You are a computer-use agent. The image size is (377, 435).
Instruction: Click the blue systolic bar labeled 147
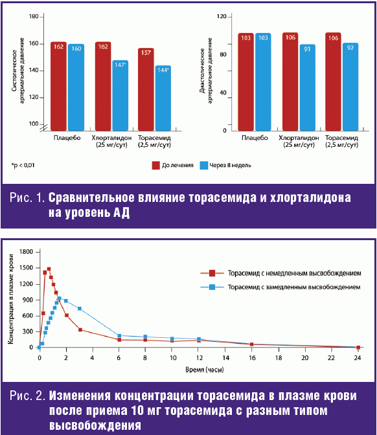pyautogui.click(x=120, y=95)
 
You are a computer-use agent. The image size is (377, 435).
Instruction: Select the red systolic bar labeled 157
pyautogui.click(x=146, y=89)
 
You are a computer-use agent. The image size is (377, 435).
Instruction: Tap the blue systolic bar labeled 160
pyautogui.click(x=76, y=87)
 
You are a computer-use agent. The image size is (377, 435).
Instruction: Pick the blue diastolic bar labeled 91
pyautogui.click(x=307, y=87)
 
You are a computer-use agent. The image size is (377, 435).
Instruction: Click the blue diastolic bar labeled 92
pyautogui.click(x=350, y=87)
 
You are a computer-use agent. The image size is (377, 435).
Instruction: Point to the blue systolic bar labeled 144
pyautogui.click(x=163, y=98)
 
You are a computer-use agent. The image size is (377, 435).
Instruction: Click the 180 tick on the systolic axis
pyautogui.click(x=34, y=17)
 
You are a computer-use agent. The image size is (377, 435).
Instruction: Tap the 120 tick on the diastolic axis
pyautogui.click(x=222, y=17)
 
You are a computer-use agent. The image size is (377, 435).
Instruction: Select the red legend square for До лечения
pyautogui.click(x=155, y=165)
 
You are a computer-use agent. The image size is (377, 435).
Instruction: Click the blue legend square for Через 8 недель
pyautogui.click(x=204, y=165)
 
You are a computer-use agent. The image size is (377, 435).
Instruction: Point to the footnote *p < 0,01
pyautogui.click(x=23, y=165)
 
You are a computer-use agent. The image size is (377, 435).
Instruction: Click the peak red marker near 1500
pyautogui.click(x=49, y=269)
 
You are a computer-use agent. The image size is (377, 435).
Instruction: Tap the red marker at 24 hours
pyautogui.click(x=358, y=348)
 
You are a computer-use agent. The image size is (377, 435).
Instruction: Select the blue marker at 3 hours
pyautogui.click(x=80, y=309)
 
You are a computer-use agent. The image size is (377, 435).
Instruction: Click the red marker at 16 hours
pyautogui.click(x=252, y=344)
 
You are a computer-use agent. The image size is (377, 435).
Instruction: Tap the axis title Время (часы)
pyautogui.click(x=205, y=370)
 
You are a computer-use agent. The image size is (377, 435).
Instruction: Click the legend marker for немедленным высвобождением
pyautogui.click(x=212, y=273)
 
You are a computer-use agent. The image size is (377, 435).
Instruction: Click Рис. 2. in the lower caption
pyautogui.click(x=27, y=396)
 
